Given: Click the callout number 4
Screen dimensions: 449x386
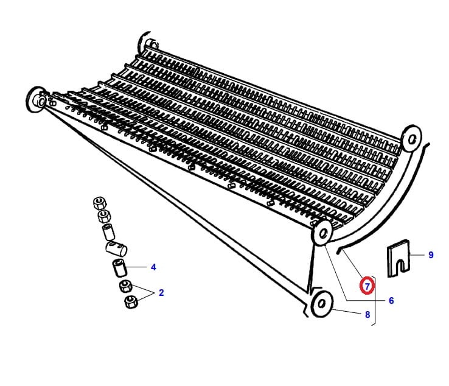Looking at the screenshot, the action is tap(153, 267).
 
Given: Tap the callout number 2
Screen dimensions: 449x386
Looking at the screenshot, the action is tap(161, 293).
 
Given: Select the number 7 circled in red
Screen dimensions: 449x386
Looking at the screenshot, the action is tap(367, 286).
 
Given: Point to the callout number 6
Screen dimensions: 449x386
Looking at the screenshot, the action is tap(391, 300).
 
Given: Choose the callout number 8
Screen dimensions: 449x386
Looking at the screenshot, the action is tap(367, 315).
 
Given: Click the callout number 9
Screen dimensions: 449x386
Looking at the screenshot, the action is tap(431, 254).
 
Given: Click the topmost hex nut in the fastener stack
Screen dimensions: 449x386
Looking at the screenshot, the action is tap(100, 203).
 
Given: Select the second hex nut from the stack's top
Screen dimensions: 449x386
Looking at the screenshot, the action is tap(104, 216).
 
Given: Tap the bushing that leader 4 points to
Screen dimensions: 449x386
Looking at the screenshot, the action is tap(120, 268).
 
